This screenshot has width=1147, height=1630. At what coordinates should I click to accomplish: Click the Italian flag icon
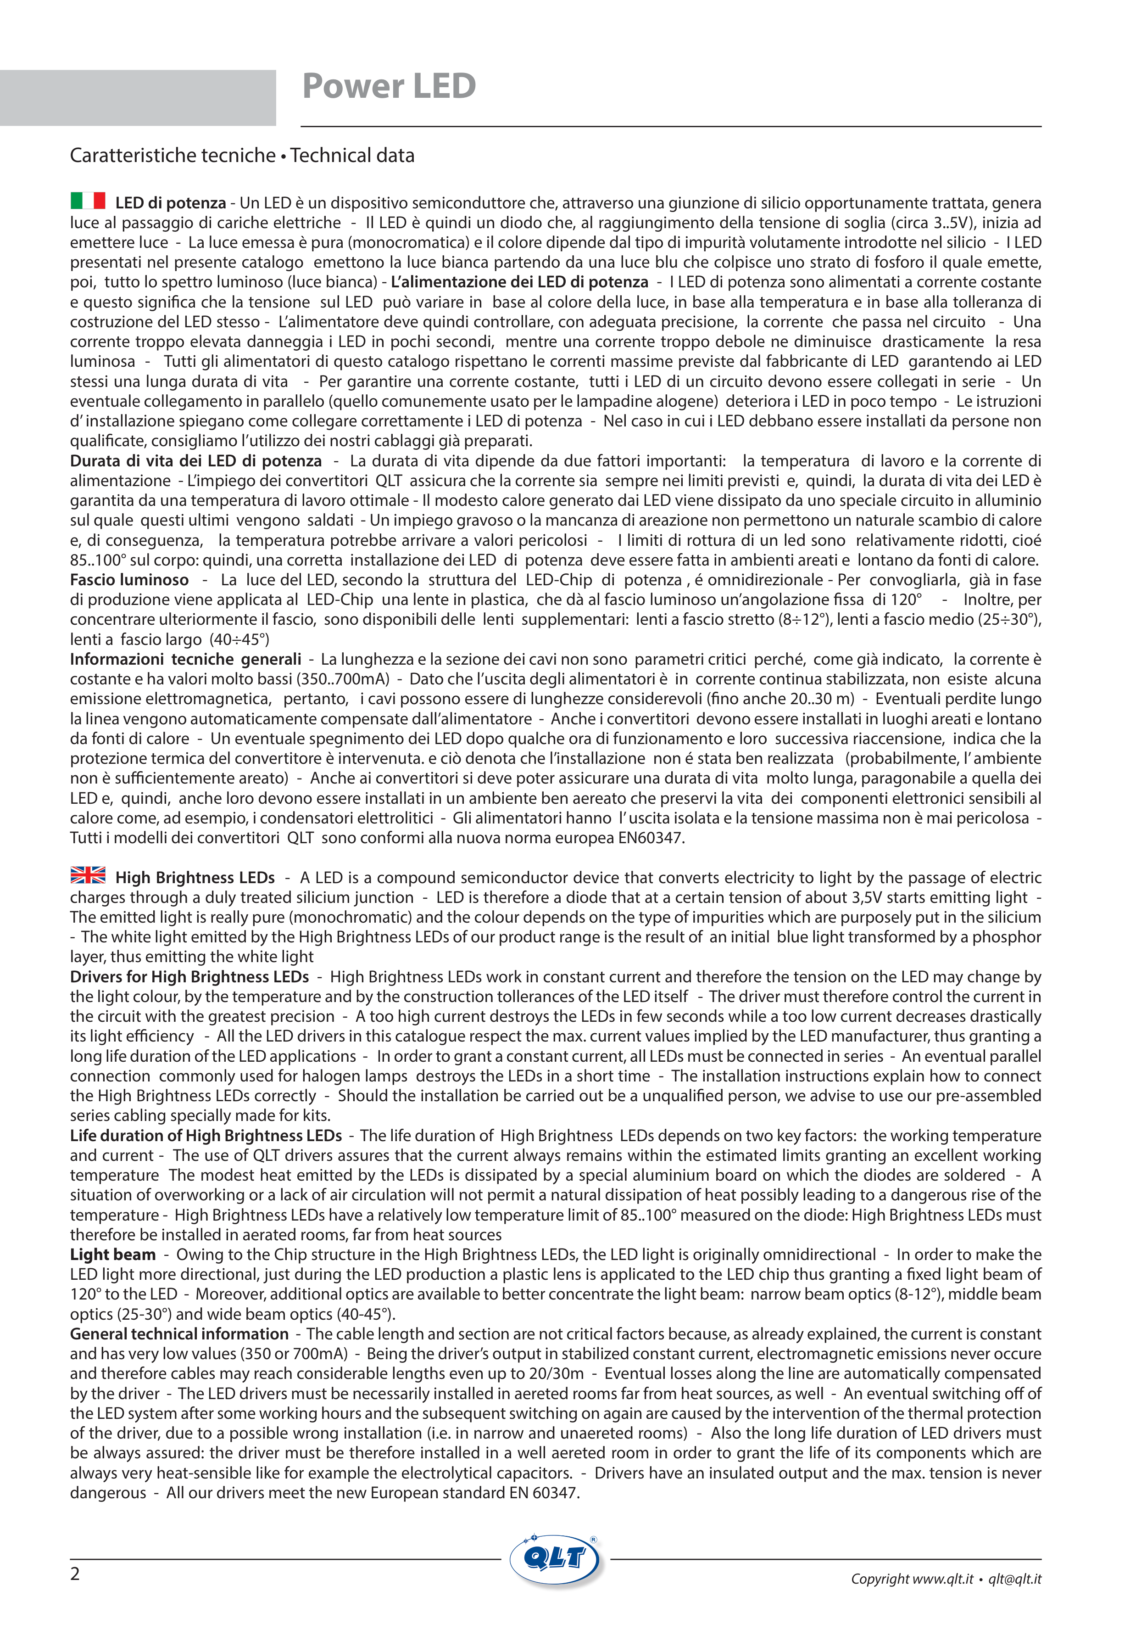tap(88, 201)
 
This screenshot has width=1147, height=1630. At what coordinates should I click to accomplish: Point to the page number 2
tap(75, 1574)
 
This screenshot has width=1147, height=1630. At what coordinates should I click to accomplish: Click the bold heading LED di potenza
tap(170, 203)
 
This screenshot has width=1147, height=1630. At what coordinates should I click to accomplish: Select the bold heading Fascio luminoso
tap(129, 580)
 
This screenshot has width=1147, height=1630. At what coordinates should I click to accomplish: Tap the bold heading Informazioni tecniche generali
tap(185, 660)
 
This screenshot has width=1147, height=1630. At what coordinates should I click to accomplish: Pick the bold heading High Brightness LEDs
tap(195, 878)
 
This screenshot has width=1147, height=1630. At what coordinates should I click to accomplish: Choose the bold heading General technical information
tap(179, 1334)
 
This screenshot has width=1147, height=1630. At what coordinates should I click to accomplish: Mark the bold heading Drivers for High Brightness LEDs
tap(189, 977)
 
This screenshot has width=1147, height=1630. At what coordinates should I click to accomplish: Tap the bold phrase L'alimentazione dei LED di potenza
tap(519, 282)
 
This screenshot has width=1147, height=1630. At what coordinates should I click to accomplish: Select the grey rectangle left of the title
tap(138, 98)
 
